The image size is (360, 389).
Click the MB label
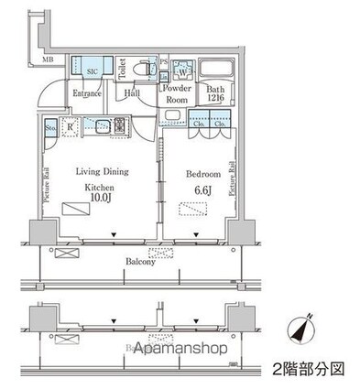click(47, 60)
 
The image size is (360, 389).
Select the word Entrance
click(86, 92)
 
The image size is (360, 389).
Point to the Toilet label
click(124, 70)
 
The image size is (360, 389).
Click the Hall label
click(133, 92)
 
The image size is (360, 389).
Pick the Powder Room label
click(176, 93)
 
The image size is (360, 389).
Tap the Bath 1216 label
click(215, 93)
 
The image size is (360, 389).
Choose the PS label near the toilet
click(163, 62)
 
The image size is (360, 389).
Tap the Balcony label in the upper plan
click(139, 260)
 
